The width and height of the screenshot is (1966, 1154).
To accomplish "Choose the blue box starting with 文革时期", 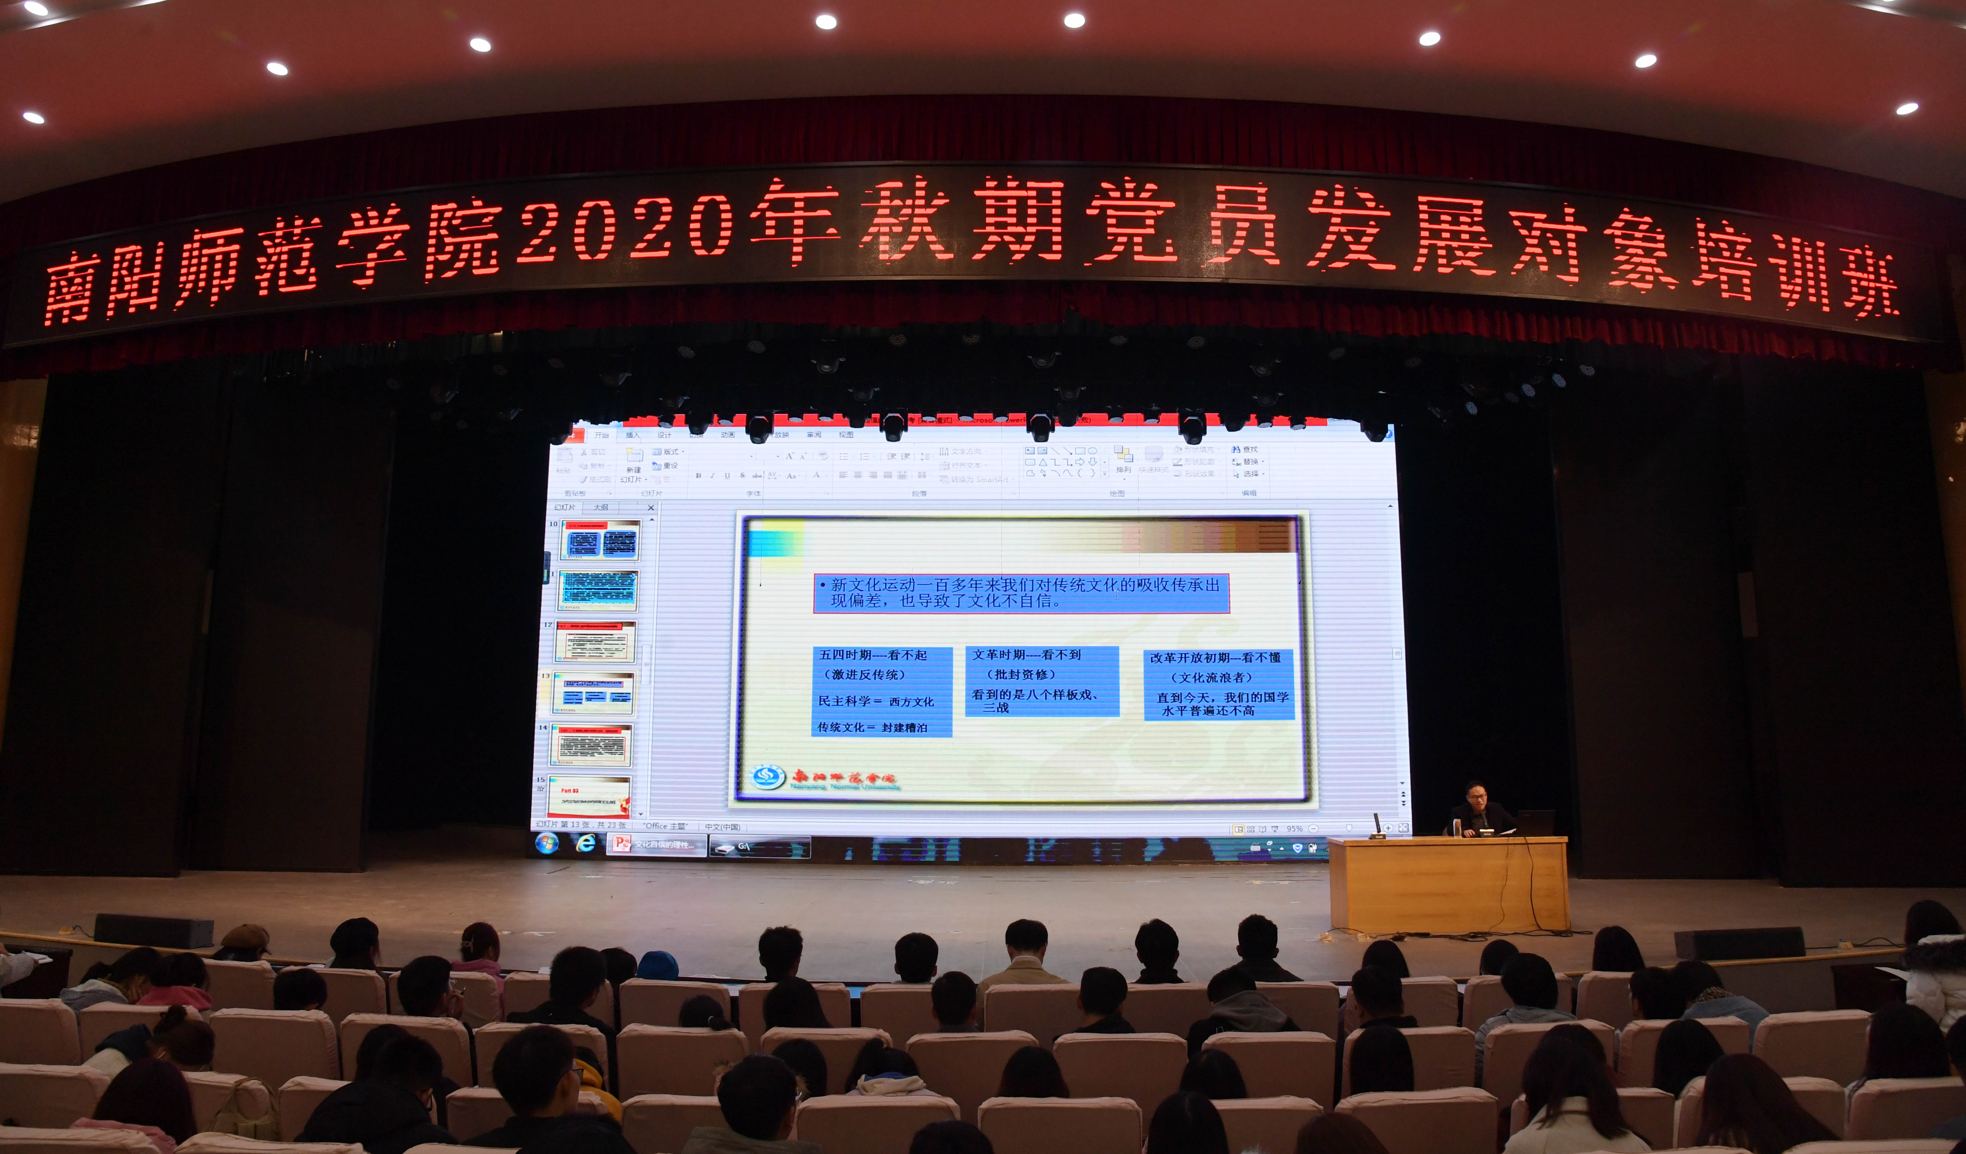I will [1042, 680].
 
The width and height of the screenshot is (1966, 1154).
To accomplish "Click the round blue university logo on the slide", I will [767, 777].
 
